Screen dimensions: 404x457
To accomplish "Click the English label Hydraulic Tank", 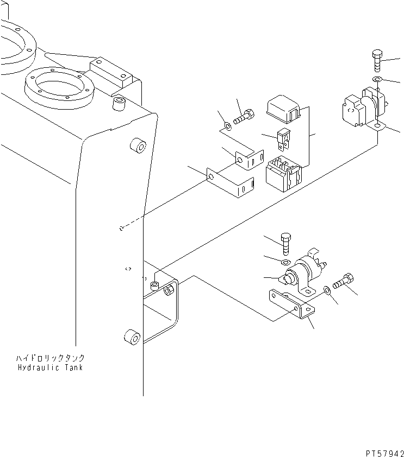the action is coord(50,367).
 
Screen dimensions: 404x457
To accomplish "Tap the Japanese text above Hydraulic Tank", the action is coord(50,357).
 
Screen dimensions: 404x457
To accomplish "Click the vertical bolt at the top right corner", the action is coord(377,61).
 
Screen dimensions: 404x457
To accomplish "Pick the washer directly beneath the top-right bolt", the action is coord(377,79).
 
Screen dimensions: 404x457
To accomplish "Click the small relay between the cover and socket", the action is coord(284,139).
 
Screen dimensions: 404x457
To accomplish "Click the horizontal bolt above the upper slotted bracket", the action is coord(244,117).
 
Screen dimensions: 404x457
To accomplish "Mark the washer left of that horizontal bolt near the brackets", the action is coord(228,126).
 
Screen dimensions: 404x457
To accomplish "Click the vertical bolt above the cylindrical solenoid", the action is coord(285,244).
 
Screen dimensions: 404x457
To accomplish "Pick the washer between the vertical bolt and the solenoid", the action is coord(285,262).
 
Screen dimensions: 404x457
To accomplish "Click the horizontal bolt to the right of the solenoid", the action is coord(343,281).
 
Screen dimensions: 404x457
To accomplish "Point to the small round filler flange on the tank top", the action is coord(59,87).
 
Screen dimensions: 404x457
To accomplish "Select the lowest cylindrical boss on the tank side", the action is coord(132,338).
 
